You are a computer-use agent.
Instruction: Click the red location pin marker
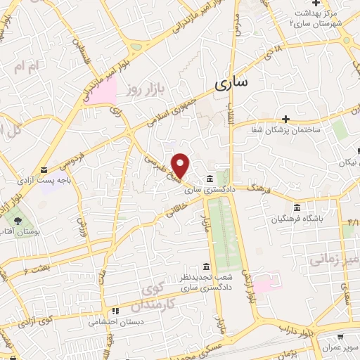(181, 165)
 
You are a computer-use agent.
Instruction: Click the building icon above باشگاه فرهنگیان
(297, 208)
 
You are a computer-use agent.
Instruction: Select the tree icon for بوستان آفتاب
(18, 219)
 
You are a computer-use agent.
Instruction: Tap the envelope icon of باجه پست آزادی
(44, 170)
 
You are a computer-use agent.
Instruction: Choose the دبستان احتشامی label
(115, 322)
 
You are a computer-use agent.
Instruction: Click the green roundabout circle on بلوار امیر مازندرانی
(135, 49)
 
